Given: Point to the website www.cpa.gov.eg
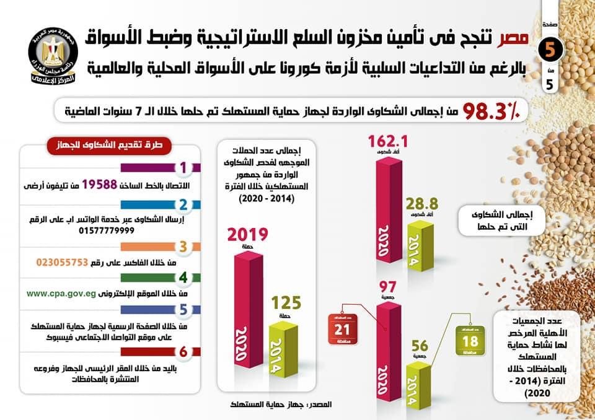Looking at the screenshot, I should [x=60, y=294].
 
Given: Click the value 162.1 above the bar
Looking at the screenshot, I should [x=390, y=142].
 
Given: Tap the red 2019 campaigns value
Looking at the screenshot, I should [x=247, y=235].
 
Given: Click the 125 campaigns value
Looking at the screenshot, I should [x=287, y=303].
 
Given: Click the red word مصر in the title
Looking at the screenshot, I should [x=514, y=38].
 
